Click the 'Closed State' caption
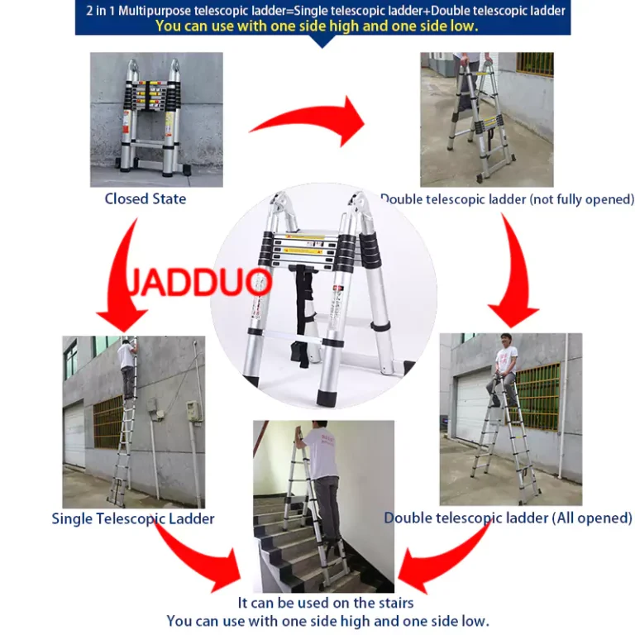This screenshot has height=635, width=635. pyautogui.click(x=146, y=198)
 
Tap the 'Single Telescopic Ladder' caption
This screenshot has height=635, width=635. pyautogui.click(x=133, y=518)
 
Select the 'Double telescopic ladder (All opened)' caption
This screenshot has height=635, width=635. pyautogui.click(x=508, y=518)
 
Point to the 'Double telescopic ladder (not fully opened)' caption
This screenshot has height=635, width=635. pyautogui.click(x=507, y=199)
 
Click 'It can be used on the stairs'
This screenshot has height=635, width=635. pyautogui.click(x=326, y=603)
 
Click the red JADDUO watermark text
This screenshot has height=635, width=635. pyautogui.click(x=198, y=282)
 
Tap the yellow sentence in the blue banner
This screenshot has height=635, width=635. pyautogui.click(x=317, y=26)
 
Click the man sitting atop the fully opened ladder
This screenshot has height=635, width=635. pyautogui.click(x=504, y=369)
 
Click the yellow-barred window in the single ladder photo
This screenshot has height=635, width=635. pyautogui.click(x=108, y=421)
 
